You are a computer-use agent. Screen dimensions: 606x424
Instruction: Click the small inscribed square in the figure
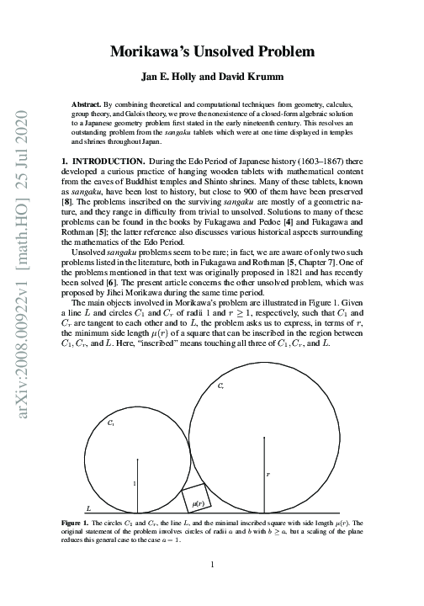click(198, 500)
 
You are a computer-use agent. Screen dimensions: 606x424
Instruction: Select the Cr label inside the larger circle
click(220, 386)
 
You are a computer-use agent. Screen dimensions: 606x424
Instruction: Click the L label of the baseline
click(89, 509)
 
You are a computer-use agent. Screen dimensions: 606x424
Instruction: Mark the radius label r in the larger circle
click(267, 475)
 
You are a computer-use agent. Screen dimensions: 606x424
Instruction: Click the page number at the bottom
click(214, 565)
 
